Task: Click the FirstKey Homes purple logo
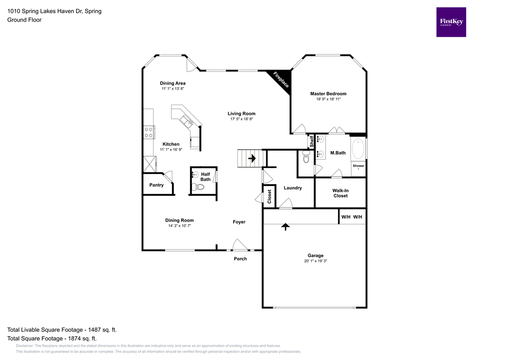pyautogui.click(x=451, y=22)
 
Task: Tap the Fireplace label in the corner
pyautogui.click(x=281, y=80)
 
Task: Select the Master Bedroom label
pyautogui.click(x=328, y=93)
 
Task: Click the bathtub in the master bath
pyautogui.click(x=358, y=149)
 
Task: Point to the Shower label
pyautogui.click(x=358, y=166)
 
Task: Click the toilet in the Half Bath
pyautogui.click(x=199, y=187)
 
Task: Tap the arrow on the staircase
pyautogui.click(x=252, y=159)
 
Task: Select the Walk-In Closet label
pyautogui.click(x=340, y=193)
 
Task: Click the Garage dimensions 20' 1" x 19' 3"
pyautogui.click(x=315, y=261)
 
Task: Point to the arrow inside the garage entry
pyautogui.click(x=285, y=227)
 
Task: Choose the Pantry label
pyautogui.click(x=157, y=185)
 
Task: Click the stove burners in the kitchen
pyautogui.click(x=148, y=132)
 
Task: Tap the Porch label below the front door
pyautogui.click(x=240, y=259)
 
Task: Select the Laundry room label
pyautogui.click(x=293, y=188)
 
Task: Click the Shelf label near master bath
pyautogui.click(x=312, y=142)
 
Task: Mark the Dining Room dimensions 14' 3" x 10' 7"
pyautogui.click(x=179, y=226)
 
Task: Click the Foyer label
pyautogui.click(x=239, y=222)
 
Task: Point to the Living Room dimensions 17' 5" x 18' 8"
pyautogui.click(x=242, y=119)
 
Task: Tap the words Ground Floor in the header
pyautogui.click(x=24, y=20)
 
